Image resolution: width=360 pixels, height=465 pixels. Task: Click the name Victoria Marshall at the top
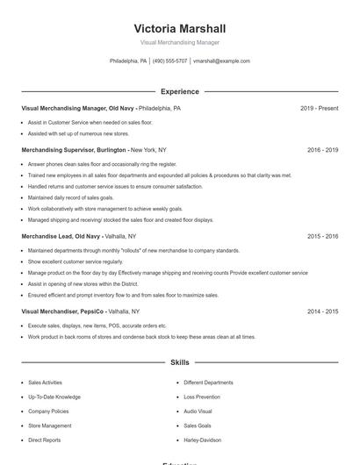179,28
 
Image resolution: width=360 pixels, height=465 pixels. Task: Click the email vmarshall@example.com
221,61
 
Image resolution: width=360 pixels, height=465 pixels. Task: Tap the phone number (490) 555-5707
169,61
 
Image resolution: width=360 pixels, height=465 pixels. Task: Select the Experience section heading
179,91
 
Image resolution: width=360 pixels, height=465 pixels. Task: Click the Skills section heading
179,362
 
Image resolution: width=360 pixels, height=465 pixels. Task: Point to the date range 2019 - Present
319,109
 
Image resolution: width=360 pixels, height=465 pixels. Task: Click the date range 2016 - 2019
322,150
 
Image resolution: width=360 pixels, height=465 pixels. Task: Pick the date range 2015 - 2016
322,237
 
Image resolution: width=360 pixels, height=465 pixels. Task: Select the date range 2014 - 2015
322,311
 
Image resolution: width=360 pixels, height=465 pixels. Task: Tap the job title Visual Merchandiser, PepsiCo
62,311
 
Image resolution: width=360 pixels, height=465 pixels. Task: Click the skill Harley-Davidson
202,440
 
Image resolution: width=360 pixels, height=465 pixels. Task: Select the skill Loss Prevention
202,397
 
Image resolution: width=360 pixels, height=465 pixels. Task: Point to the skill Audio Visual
198,411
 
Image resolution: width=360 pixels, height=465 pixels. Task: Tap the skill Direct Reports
44,440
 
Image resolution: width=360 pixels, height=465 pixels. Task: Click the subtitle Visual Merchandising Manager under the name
179,42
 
